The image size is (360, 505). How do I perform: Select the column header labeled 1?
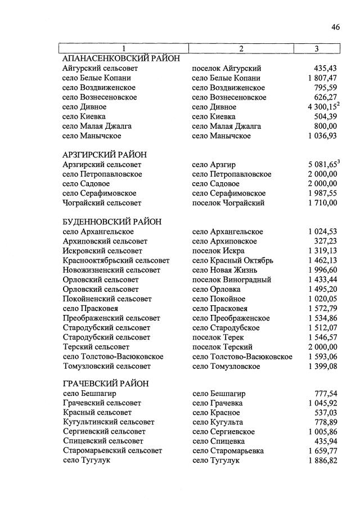click(x=123, y=49)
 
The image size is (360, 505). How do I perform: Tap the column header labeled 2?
click(x=241, y=49)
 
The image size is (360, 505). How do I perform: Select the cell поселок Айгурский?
click(x=227, y=69)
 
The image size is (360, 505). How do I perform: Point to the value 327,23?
click(x=325, y=241)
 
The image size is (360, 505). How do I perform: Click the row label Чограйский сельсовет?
click(x=102, y=203)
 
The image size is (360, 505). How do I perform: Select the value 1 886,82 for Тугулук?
click(x=322, y=461)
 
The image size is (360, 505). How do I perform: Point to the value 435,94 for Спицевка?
click(x=325, y=441)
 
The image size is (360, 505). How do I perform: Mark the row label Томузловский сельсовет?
click(x=106, y=366)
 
